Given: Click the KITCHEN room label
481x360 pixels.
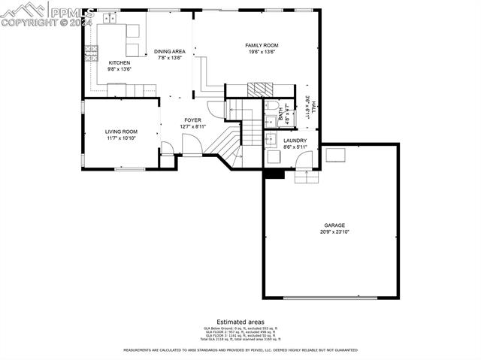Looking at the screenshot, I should [x=119, y=62].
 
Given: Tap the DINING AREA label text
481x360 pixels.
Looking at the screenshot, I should [x=170, y=51].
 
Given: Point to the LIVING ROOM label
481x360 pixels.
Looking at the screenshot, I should [x=121, y=132].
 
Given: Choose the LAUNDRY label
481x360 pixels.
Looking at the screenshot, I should [x=295, y=140].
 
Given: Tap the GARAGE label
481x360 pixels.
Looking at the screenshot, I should [x=334, y=225].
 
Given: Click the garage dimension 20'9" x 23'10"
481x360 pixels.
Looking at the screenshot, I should [x=334, y=231].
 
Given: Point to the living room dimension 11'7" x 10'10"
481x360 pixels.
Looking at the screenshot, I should [x=121, y=138].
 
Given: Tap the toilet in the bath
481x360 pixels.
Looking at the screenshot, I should [x=272, y=106].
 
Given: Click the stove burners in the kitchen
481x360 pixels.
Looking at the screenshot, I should [x=91, y=51].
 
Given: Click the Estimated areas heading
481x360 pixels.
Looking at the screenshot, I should [x=240, y=321].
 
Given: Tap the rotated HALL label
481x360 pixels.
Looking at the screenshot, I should [x=313, y=105].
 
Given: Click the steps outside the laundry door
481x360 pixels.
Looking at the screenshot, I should [x=307, y=177].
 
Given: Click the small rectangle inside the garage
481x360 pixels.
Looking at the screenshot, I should [x=335, y=155].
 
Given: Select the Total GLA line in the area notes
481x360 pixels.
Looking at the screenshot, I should [x=240, y=340].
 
